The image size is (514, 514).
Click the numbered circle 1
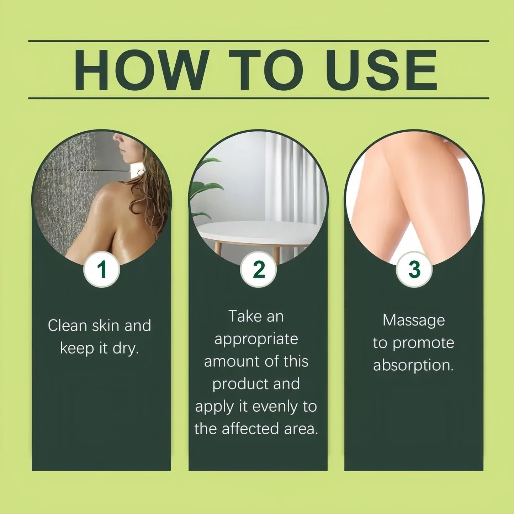pos(102,269)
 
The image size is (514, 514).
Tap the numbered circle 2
pos(259,269)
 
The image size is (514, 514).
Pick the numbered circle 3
pos(414,269)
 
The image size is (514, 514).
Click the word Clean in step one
pos(67,325)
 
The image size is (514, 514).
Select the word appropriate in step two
pos(256,339)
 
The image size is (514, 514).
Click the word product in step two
pos(235,384)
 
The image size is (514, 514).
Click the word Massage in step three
pos(414,321)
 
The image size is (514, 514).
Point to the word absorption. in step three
pos(413,366)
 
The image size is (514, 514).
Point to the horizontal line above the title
pos(259,41)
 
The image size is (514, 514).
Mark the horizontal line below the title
pos(259,98)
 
